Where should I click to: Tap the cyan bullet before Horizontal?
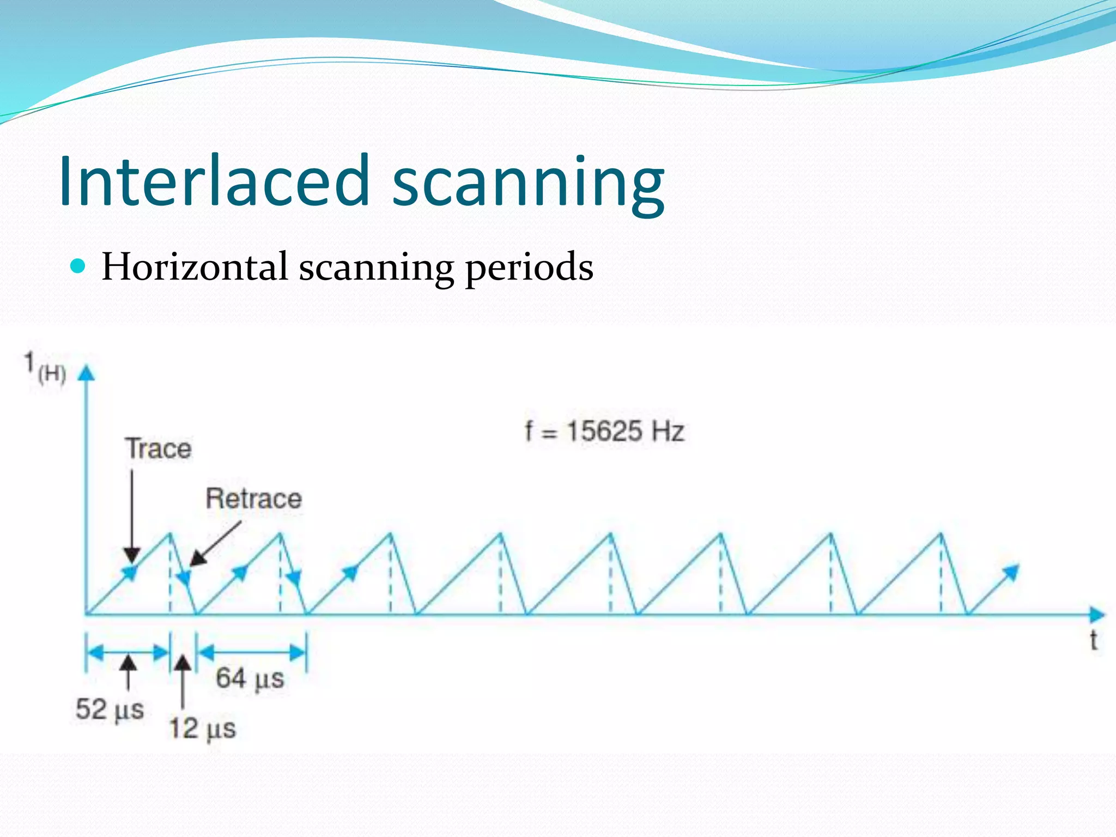pyautogui.click(x=78, y=266)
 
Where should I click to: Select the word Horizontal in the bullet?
pyautogui.click(x=195, y=267)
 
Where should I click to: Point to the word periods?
pyautogui.click(x=529, y=268)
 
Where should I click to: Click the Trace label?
pyautogui.click(x=159, y=449)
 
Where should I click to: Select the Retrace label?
pyautogui.click(x=253, y=499)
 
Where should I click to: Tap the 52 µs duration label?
pyautogui.click(x=110, y=709)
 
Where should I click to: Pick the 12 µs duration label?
pyautogui.click(x=202, y=729)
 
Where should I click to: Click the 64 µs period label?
pyautogui.click(x=250, y=679)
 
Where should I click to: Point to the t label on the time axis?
pyautogui.click(x=1093, y=641)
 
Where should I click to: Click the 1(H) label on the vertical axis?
pyautogui.click(x=45, y=368)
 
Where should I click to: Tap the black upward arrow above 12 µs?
pyautogui.click(x=183, y=681)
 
